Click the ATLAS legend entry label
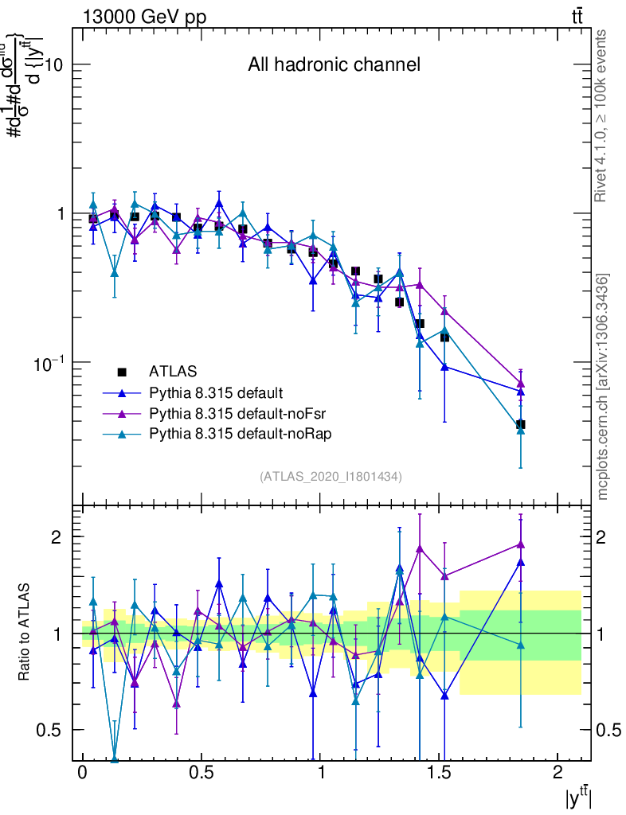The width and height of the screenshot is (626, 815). point(173,371)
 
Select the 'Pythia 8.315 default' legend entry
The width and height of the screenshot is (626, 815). point(216,392)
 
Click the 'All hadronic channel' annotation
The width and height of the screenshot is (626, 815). point(334,65)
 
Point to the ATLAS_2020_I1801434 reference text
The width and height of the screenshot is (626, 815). point(331,476)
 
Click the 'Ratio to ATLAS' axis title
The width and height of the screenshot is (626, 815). point(25,633)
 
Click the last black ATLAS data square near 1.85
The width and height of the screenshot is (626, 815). point(520,424)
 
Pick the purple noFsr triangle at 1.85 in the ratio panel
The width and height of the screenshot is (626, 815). point(520,544)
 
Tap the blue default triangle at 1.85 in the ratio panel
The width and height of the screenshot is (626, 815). point(520,562)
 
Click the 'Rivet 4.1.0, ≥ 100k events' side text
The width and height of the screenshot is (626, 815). point(601,115)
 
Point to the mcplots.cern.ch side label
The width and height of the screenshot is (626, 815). point(603,387)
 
